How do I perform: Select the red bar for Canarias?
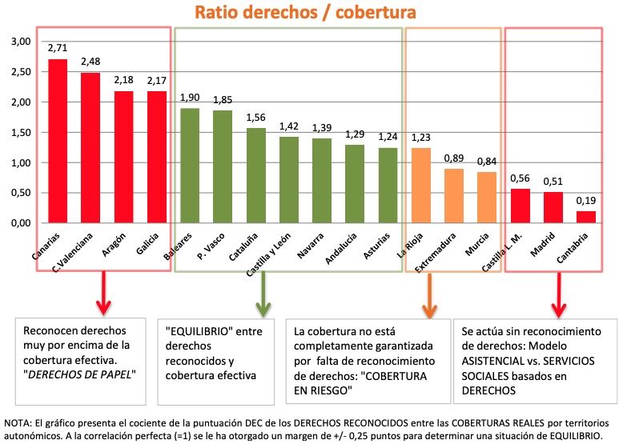click(58, 141)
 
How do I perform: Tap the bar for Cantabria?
click(585, 216)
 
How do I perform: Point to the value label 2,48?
click(90, 62)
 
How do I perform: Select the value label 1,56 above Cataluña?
click(256, 118)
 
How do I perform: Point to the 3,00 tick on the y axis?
click(19, 41)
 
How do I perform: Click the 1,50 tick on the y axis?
click(19, 132)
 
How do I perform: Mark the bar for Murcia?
click(487, 197)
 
